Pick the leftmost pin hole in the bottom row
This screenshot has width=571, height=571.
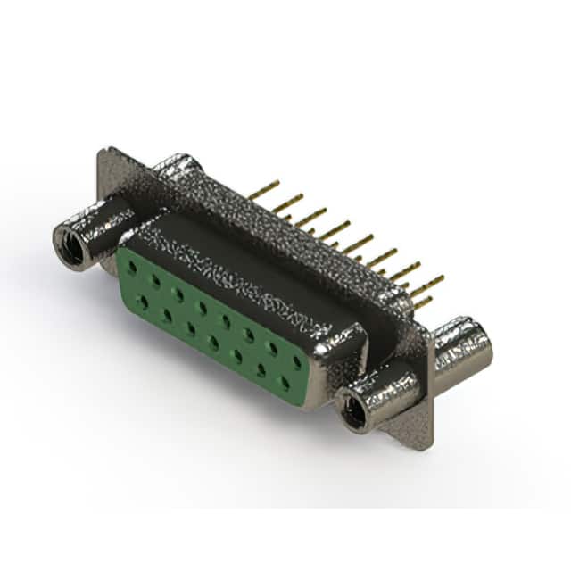coord(143,302)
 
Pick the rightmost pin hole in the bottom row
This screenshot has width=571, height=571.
coord(285,383)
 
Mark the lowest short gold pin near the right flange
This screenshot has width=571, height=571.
coord(422,302)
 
